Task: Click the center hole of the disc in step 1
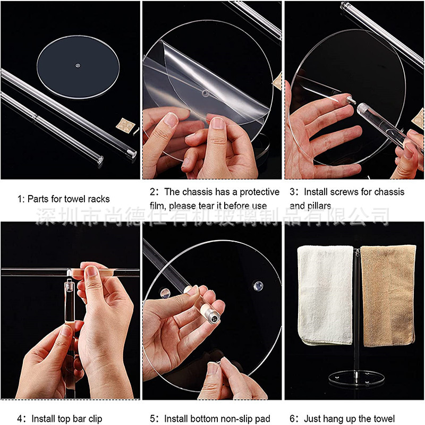coord(78,65)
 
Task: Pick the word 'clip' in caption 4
coord(93,419)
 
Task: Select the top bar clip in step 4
coord(69,273)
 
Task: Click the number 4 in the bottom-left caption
coord(20,419)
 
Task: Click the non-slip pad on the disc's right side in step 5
coord(257,286)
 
